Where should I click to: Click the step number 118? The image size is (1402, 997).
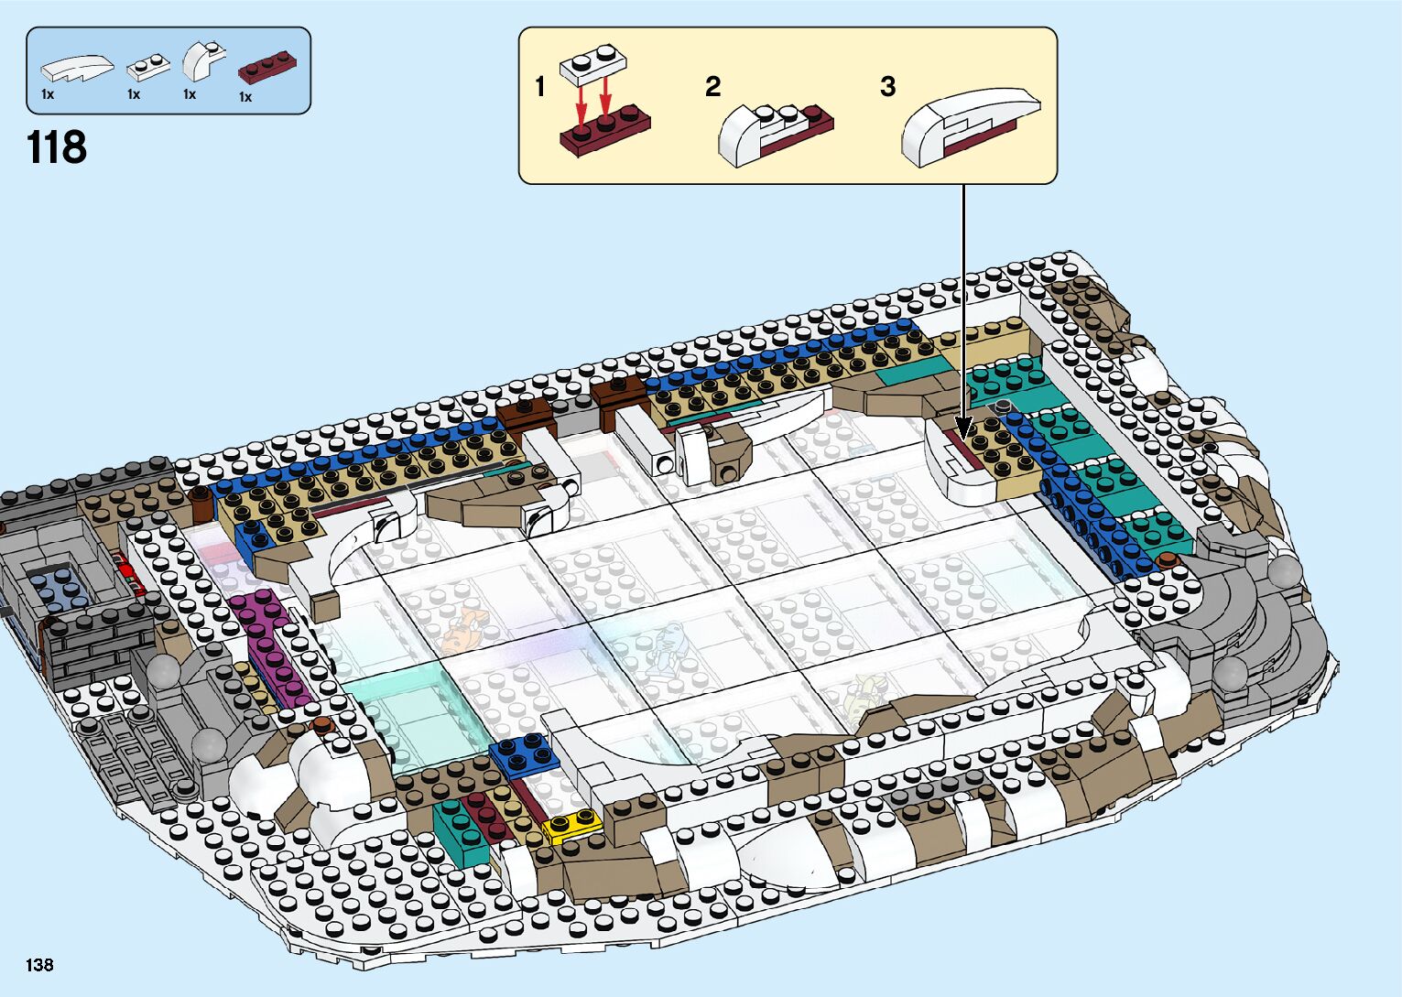(57, 147)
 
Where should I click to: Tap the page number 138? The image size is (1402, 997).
(39, 964)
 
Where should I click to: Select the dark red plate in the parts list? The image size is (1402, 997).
(267, 67)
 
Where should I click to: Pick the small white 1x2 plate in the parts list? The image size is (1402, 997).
(148, 67)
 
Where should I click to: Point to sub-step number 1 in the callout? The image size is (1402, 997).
(539, 87)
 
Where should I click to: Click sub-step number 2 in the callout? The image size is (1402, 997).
(712, 87)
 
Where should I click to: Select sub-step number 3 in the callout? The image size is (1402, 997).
(886, 87)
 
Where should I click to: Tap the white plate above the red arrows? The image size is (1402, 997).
(594, 61)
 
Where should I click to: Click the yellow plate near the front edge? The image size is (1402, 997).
(572, 826)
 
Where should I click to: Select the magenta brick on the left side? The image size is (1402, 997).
(269, 645)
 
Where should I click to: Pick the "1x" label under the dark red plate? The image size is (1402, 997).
(245, 97)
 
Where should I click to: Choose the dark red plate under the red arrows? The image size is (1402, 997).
(604, 129)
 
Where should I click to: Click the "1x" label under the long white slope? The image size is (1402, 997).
(48, 94)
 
